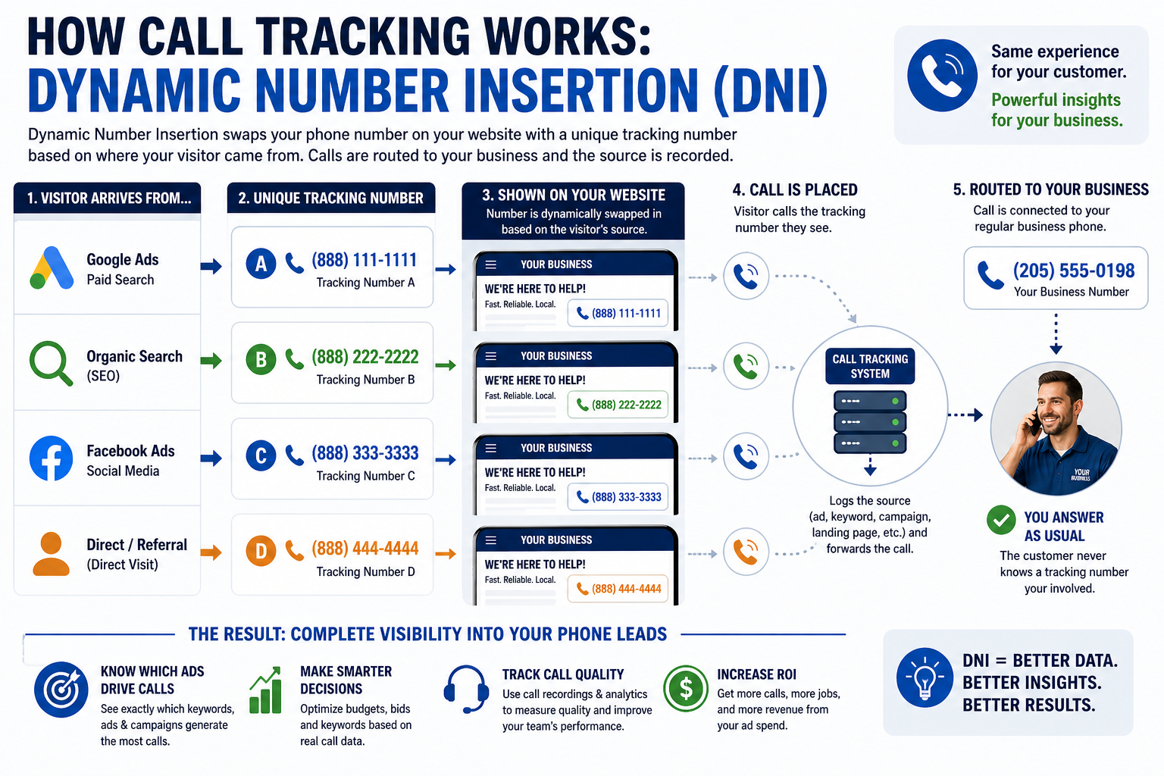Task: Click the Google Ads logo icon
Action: pyautogui.click(x=52, y=268)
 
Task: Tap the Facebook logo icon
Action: pyautogui.click(x=51, y=458)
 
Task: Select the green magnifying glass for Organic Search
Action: pyautogui.click(x=50, y=363)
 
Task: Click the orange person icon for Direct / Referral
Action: pyautogui.click(x=51, y=554)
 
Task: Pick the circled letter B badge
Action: pyautogui.click(x=261, y=359)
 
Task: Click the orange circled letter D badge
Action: pyautogui.click(x=261, y=551)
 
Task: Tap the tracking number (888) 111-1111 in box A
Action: pyautogui.click(x=364, y=260)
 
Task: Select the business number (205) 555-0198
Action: pyautogui.click(x=1073, y=271)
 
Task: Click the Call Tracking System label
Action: pyautogui.click(x=869, y=366)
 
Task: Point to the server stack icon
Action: pyautogui.click(x=869, y=421)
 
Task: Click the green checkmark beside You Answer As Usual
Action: pyautogui.click(x=1001, y=520)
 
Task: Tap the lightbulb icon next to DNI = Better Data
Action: pyautogui.click(x=924, y=677)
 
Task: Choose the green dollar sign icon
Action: pyautogui.click(x=686, y=688)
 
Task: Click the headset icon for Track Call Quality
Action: pyautogui.click(x=466, y=688)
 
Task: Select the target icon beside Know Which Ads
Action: pyautogui.click(x=61, y=690)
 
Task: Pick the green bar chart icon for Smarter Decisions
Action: pyautogui.click(x=265, y=691)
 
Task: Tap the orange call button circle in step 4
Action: pyautogui.click(x=746, y=552)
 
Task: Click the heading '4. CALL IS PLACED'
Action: pyautogui.click(x=795, y=190)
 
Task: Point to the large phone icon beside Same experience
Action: pyautogui.click(x=942, y=76)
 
